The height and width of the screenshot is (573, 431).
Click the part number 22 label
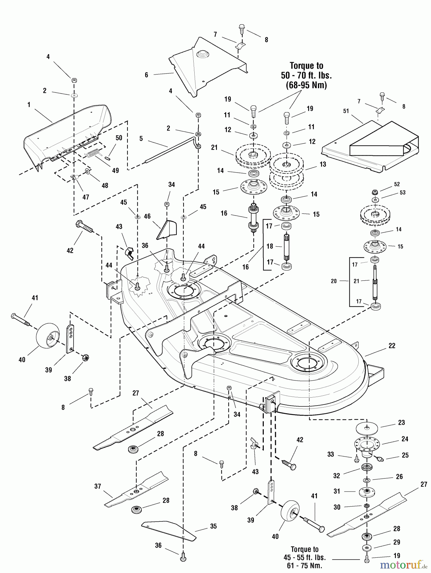coord(391,346)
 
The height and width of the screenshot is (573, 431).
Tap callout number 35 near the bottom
coord(213,526)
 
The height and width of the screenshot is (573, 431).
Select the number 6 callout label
coord(147,75)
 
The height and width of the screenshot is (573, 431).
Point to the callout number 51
coord(346,111)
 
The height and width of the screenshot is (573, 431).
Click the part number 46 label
coord(147,216)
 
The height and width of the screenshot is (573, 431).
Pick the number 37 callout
coord(97,486)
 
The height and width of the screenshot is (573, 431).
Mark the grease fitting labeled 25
coord(379,459)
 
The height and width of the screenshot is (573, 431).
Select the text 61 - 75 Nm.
coord(305,566)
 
